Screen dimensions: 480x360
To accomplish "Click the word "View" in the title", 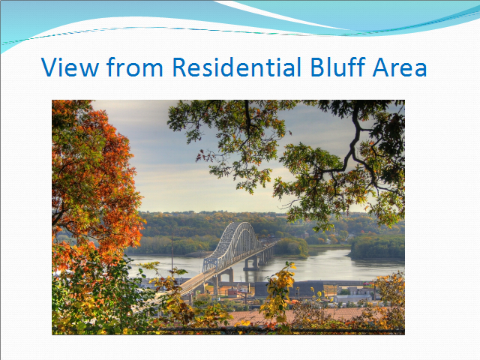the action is click(x=70, y=67).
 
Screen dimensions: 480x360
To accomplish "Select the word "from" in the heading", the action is click(x=135, y=67).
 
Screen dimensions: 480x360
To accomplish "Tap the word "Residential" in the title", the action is click(x=237, y=67).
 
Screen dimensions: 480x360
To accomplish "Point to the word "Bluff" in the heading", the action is click(x=338, y=67).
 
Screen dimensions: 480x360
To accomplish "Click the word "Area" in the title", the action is click(x=400, y=67).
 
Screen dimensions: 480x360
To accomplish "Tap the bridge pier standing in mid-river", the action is click(x=252, y=264).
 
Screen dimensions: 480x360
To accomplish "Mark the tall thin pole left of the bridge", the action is click(x=172, y=256).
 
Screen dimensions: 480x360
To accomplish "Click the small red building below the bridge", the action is click(x=233, y=292).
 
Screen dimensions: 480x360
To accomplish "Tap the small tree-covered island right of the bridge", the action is click(x=291, y=247).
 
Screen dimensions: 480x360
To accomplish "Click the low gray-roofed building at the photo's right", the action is click(x=352, y=298).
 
